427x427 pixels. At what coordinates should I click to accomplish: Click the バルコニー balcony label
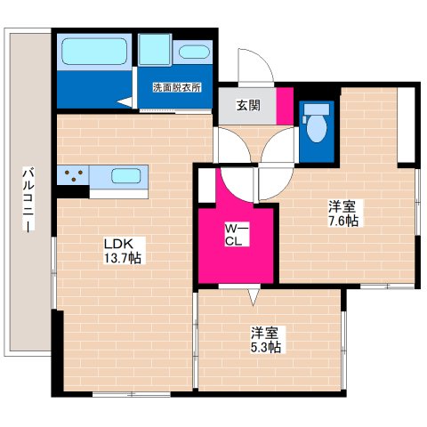tap(29, 200)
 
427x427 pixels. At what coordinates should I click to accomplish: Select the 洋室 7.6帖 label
tap(342, 213)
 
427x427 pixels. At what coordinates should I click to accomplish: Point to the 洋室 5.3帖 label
tap(265, 340)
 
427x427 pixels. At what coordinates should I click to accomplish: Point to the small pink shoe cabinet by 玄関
tap(285, 105)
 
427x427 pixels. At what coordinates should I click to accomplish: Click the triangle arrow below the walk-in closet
tap(254, 294)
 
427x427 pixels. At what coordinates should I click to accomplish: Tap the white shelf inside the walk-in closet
tap(207, 185)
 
